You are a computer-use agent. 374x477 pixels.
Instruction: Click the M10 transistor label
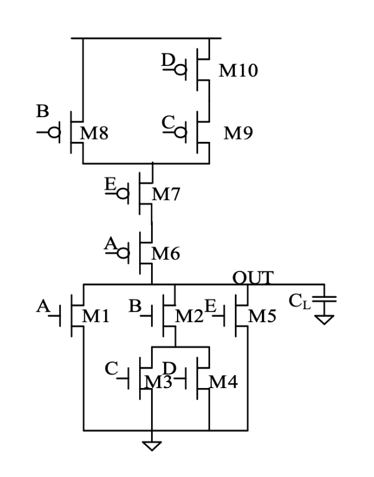click(238, 71)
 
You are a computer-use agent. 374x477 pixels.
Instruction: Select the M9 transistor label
click(238, 134)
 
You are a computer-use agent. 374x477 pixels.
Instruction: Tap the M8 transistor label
click(94, 133)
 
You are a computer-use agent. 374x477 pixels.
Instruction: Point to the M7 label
click(166, 194)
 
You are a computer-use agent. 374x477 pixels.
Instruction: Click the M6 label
click(166, 254)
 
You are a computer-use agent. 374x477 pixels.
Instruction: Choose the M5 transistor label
click(261, 317)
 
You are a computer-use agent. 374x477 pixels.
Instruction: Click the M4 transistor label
click(224, 383)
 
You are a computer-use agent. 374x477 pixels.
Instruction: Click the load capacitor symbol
click(324, 300)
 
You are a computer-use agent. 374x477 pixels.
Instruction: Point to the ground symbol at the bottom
click(153, 445)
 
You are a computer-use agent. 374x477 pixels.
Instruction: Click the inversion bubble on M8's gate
click(54, 132)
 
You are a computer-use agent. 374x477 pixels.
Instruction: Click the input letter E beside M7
click(109, 185)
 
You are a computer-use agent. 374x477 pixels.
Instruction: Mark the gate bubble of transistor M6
click(124, 254)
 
